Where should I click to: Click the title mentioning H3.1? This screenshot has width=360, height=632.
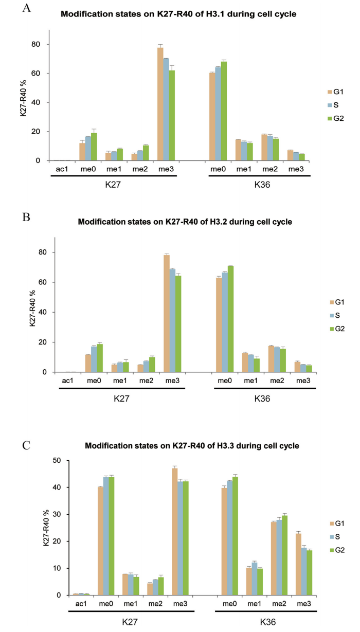[x=178, y=14]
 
